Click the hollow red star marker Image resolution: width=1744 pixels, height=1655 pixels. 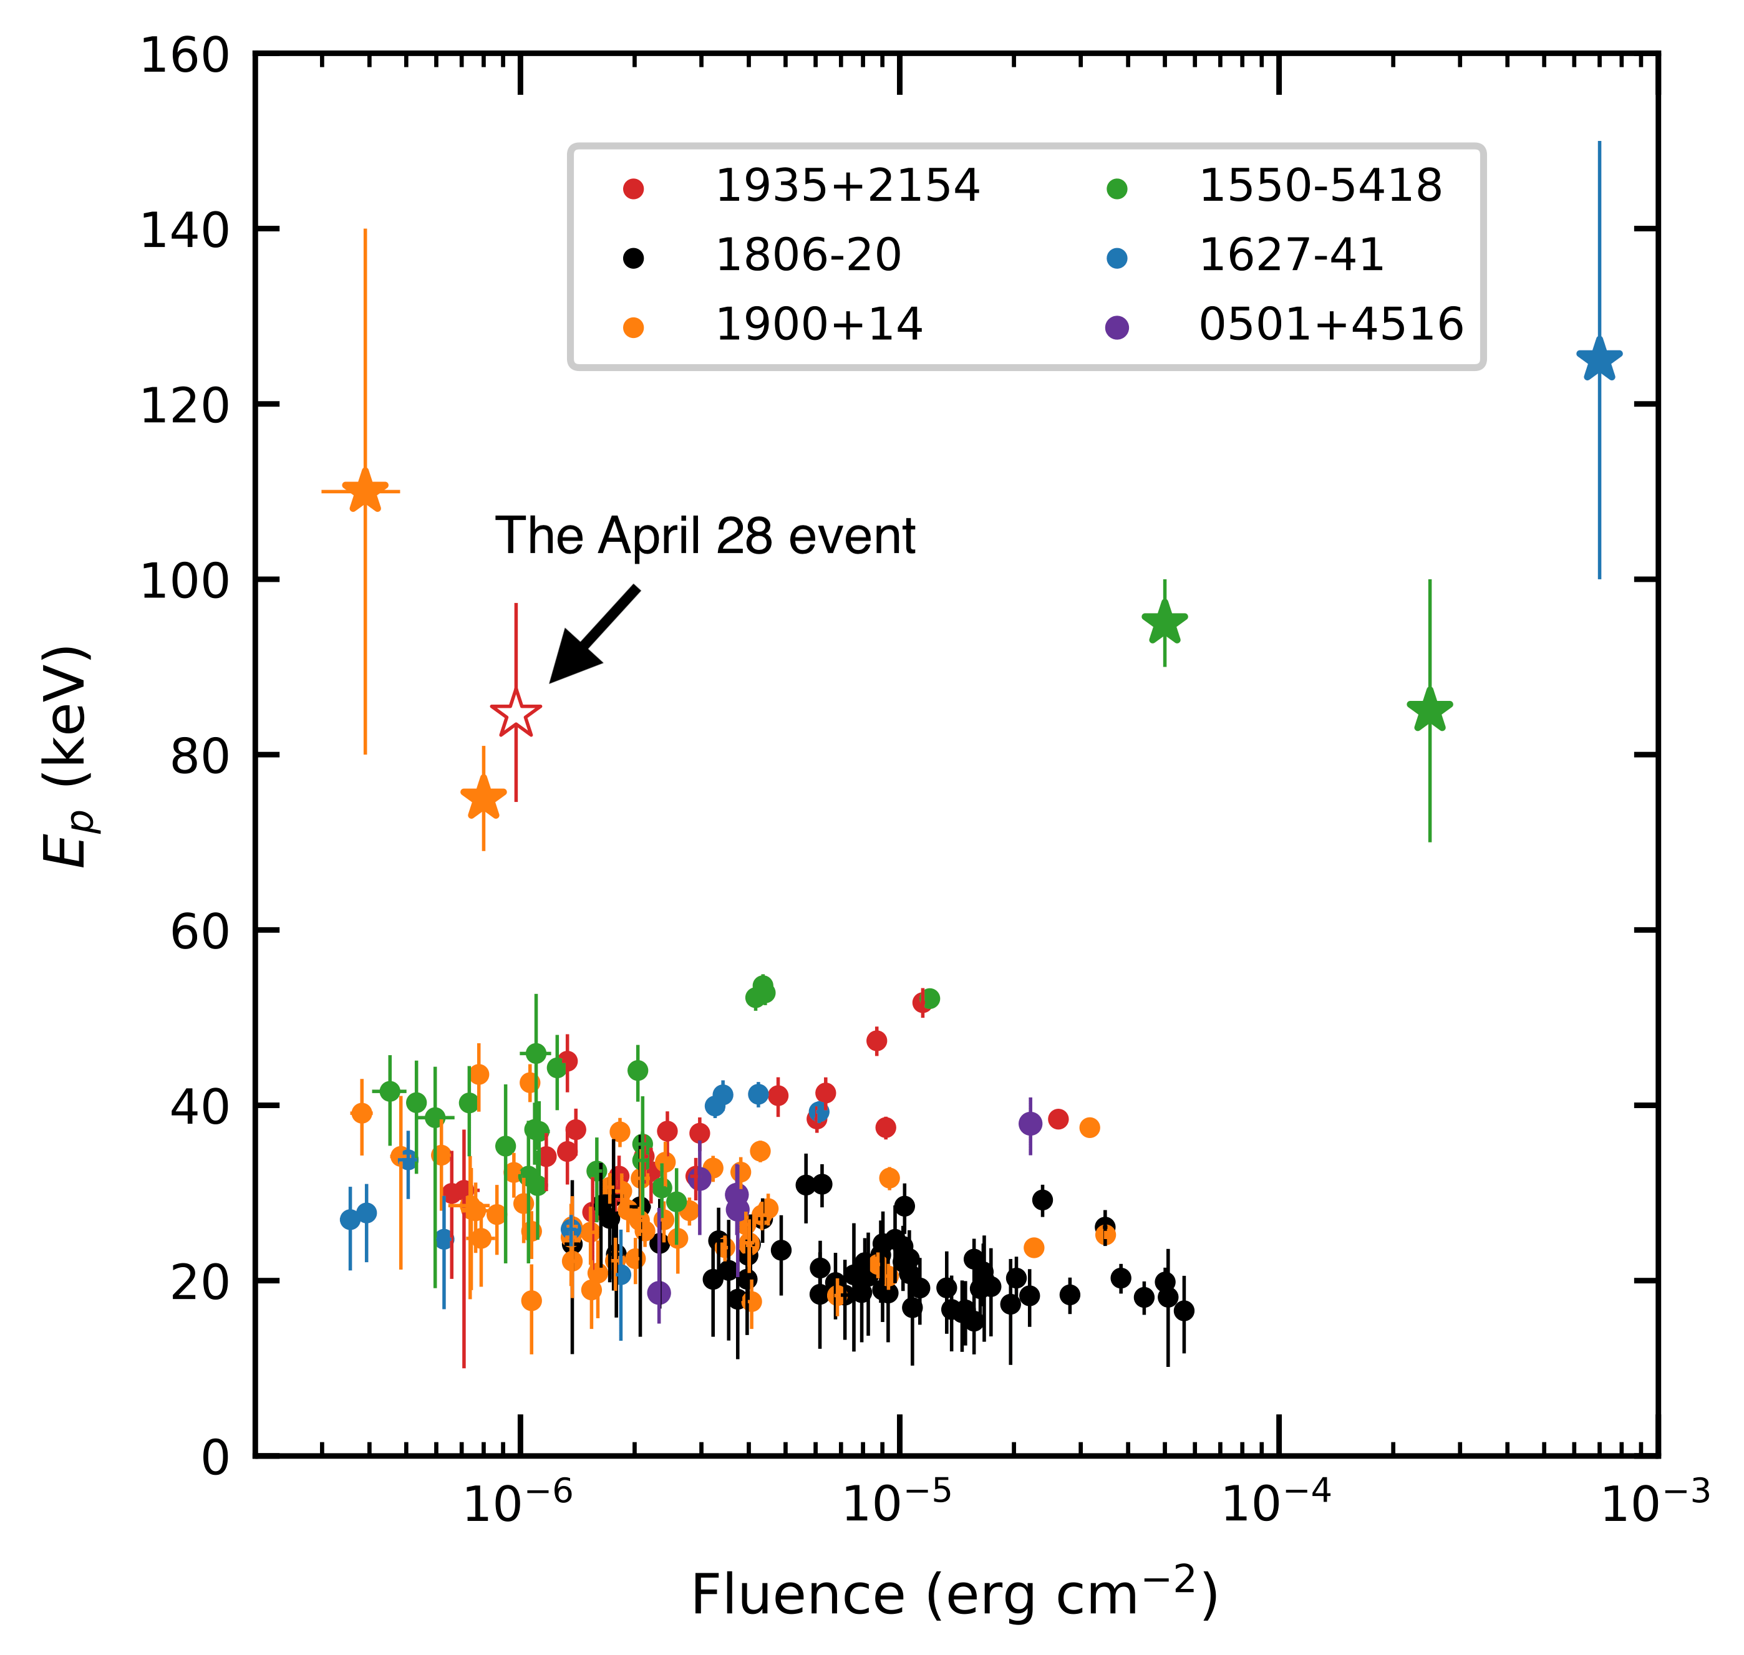(515, 714)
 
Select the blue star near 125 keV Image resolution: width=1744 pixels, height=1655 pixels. (1599, 359)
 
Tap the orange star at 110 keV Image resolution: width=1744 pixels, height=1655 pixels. (364, 491)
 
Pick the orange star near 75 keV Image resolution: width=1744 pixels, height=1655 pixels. (483, 798)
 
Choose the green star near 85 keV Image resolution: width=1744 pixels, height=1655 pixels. (1429, 710)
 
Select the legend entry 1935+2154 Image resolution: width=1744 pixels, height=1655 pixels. (846, 186)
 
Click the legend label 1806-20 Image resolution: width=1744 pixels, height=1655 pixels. (808, 256)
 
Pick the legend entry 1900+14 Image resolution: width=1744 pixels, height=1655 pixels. (818, 325)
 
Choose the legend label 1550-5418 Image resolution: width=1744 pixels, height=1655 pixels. (1319, 186)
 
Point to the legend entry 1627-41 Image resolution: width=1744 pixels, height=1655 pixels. (1291, 256)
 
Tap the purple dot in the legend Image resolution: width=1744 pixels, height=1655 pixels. (1117, 327)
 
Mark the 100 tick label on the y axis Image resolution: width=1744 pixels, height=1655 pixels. (185, 581)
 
